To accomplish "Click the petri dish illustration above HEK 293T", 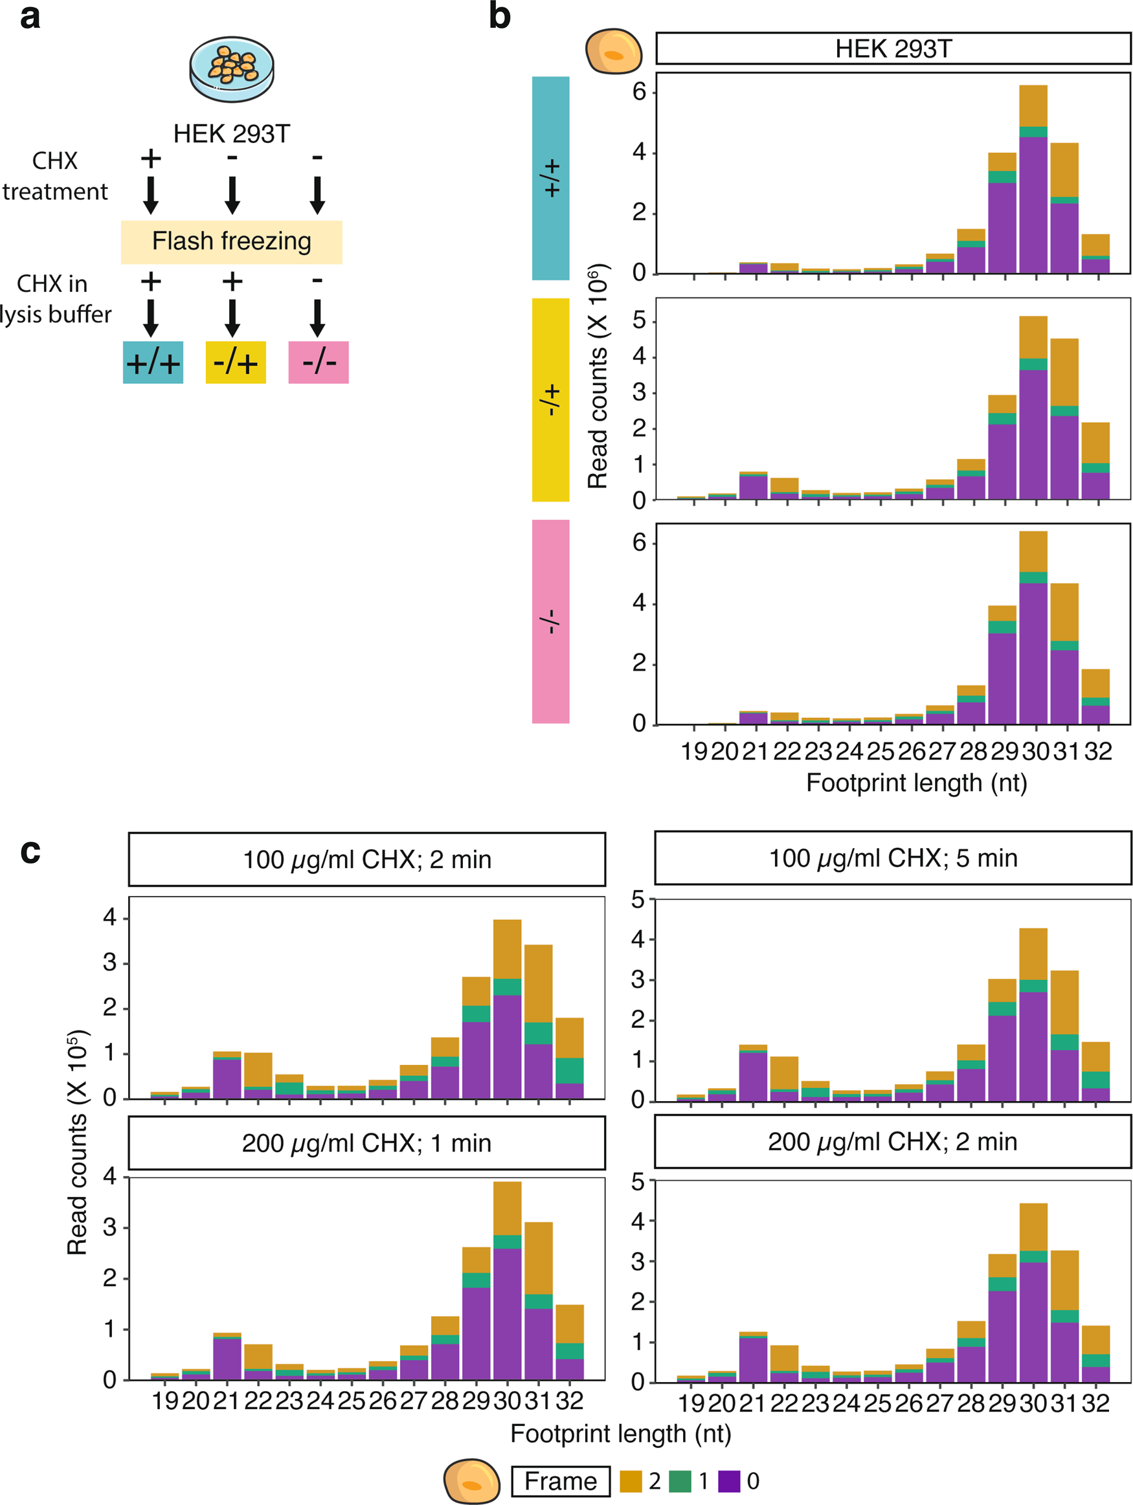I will coord(231,69).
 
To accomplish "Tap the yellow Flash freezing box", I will coord(231,241).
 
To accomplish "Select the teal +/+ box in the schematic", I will coord(153,362).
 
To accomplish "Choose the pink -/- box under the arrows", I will coord(319,362).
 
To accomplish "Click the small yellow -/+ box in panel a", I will coord(236,362).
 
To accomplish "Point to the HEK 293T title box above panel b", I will coord(893,49).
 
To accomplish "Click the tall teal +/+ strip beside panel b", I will coord(550,178).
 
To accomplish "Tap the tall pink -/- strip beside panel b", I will coord(550,621).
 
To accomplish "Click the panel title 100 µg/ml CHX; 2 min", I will coord(367,860).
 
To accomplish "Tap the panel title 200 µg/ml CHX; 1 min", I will coord(367,1143).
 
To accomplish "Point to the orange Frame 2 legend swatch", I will coord(631,1481).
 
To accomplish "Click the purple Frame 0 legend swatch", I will coord(729,1481).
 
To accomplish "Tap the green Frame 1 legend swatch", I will coord(680,1481).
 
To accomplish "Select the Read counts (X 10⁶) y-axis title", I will coord(598,376).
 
